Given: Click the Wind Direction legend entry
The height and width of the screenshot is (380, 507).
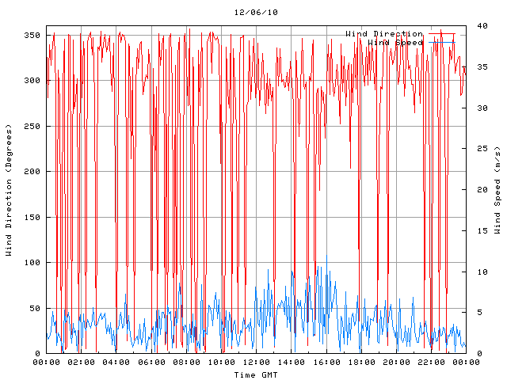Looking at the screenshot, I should pos(384,34).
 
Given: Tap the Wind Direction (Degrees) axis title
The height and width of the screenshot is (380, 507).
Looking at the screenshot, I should pos(9,190).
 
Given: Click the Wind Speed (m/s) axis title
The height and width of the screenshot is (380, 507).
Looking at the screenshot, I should pos(497,190).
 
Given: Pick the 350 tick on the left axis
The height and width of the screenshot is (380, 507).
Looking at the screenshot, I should pos(32,35).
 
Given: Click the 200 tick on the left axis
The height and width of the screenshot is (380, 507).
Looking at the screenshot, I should pos(32,172).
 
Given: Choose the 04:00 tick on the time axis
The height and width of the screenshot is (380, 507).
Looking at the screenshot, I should pos(116,362).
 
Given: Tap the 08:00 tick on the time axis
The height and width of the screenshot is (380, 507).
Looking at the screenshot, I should pos(186,362).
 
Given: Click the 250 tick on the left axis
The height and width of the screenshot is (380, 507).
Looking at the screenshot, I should pos(32,126).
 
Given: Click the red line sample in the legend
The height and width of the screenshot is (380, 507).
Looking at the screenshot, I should pos(442,34).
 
